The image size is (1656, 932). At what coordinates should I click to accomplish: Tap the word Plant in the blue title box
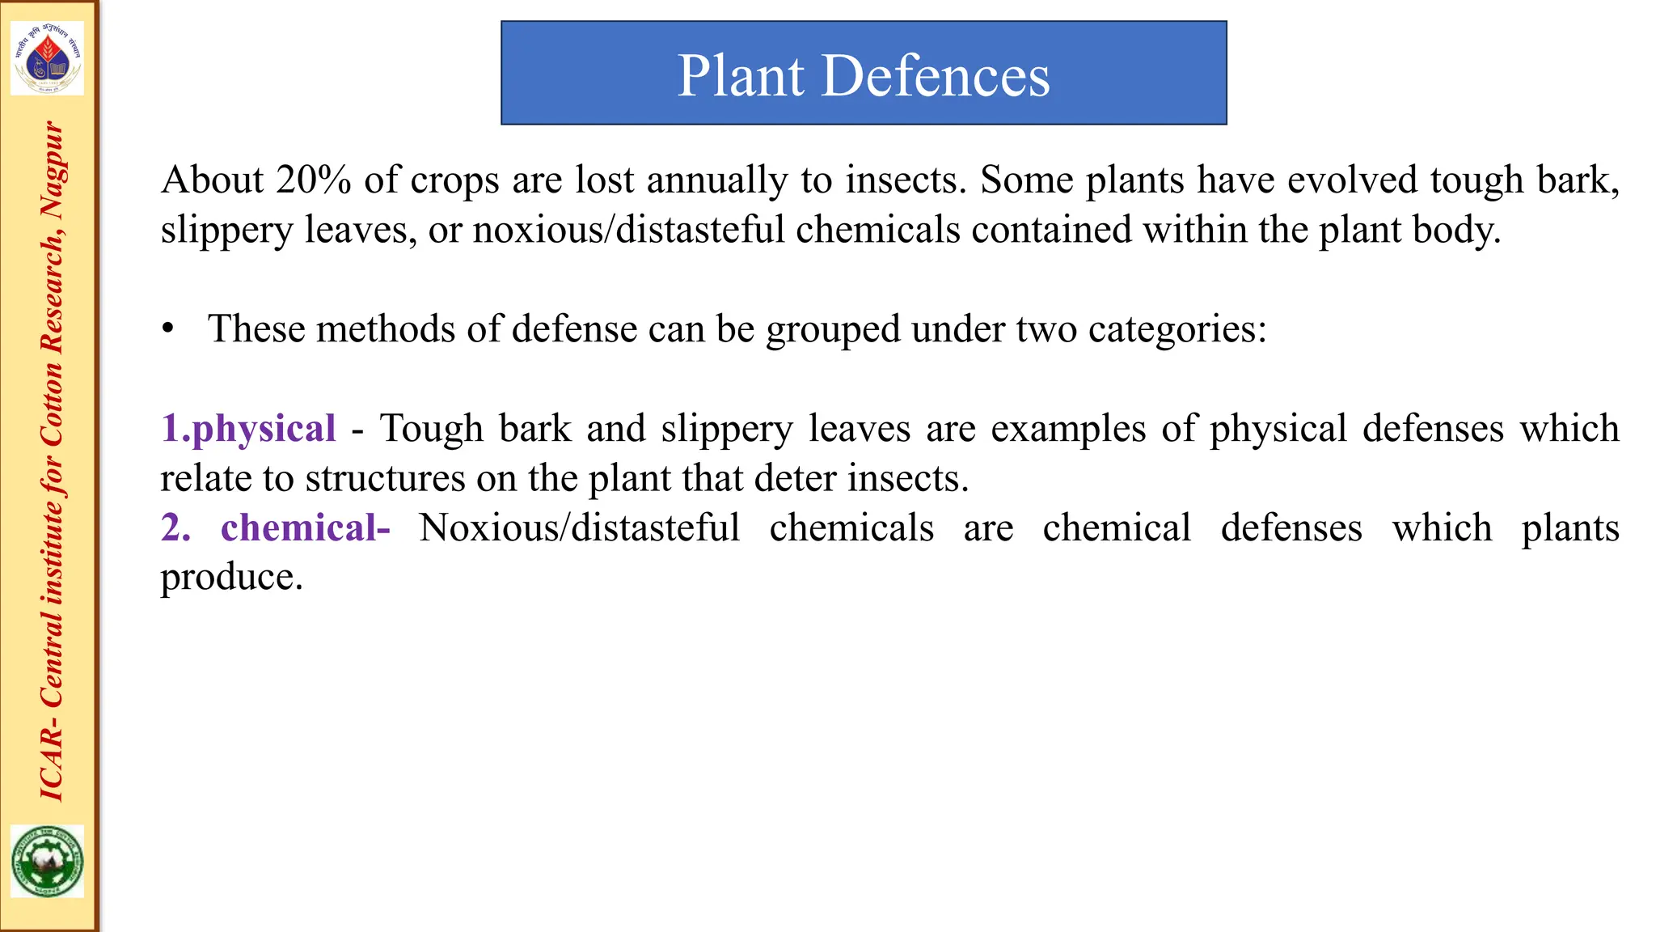(740, 76)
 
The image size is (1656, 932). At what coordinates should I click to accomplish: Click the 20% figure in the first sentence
(313, 180)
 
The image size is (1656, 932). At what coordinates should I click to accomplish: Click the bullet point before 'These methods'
(167, 328)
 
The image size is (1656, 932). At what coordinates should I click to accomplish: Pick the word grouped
(833, 329)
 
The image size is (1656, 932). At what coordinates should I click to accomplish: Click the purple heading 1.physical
(248, 428)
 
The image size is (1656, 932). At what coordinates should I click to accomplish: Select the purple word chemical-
(305, 527)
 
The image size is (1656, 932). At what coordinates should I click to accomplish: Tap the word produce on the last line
(231, 577)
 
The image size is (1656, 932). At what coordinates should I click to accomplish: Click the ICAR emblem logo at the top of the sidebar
(48, 59)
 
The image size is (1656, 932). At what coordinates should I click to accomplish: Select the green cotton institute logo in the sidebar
(48, 861)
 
